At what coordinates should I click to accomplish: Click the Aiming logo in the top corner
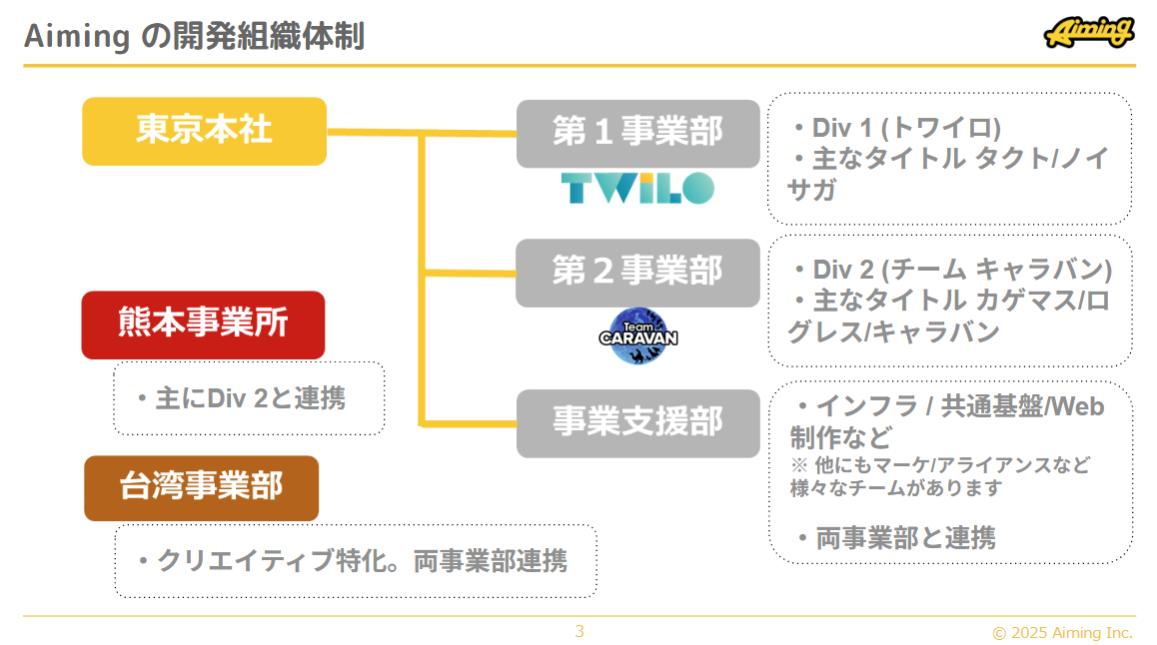(1088, 33)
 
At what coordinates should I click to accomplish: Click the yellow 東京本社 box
(204, 131)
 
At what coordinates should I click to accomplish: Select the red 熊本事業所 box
(203, 324)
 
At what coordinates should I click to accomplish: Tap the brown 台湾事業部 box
(201, 488)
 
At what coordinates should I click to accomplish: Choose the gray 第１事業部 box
(637, 133)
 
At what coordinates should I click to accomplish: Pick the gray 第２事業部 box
(637, 272)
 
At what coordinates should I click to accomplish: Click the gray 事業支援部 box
(637, 422)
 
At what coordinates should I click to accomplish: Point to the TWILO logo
(637, 188)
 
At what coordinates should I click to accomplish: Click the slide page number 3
(579, 631)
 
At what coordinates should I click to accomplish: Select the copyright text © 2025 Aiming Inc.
(1062, 633)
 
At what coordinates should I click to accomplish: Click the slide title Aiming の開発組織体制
(194, 38)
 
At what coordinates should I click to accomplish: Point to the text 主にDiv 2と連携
(250, 399)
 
